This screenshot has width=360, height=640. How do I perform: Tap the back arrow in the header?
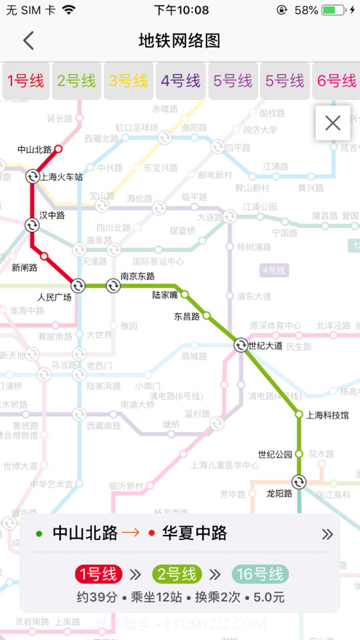(28, 41)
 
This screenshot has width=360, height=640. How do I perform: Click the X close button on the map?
(332, 123)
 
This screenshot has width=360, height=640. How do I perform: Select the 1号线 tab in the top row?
(25, 80)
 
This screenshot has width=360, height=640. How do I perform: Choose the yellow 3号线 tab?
(128, 80)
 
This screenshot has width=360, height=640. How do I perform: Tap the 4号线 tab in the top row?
(180, 80)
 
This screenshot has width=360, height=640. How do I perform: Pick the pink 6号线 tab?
(337, 80)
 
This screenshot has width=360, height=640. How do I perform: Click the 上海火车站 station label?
(62, 177)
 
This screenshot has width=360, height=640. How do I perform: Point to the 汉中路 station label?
(52, 215)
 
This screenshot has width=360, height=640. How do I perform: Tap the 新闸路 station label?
(25, 267)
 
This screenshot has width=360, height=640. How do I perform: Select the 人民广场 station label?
(54, 297)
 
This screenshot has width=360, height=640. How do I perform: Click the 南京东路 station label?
(137, 275)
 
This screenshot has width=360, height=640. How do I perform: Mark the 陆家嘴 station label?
(165, 295)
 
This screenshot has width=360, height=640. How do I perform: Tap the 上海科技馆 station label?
(327, 415)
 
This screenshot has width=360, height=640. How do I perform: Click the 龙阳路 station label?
(278, 493)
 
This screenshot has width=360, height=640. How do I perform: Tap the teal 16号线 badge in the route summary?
(260, 575)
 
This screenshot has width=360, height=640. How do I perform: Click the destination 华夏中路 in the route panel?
(193, 534)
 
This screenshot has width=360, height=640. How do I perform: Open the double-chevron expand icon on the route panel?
(327, 534)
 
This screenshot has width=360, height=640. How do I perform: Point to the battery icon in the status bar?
(333, 10)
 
